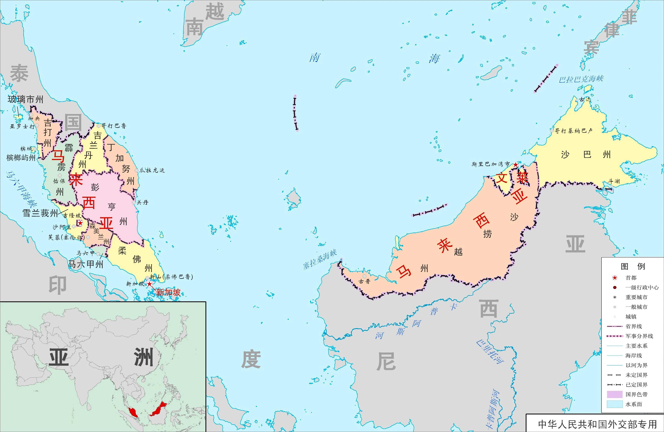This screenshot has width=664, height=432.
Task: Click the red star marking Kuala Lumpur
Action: click(x=80, y=223)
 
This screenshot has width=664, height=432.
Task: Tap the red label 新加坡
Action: click(x=168, y=292)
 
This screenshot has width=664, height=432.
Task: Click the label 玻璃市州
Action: click(x=25, y=99)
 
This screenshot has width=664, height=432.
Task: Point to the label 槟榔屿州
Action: click(x=21, y=158)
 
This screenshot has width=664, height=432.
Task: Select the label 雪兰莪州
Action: click(x=40, y=213)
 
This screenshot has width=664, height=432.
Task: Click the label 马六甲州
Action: click(x=86, y=264)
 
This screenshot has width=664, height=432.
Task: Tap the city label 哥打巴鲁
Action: click(x=114, y=126)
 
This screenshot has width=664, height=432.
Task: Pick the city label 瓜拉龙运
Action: click(x=152, y=170)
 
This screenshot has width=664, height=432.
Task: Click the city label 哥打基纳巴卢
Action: click(x=573, y=130)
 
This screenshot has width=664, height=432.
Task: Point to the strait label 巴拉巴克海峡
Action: click(x=581, y=79)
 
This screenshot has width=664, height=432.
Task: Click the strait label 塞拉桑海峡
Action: click(x=320, y=259)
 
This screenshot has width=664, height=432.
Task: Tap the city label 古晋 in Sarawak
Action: click(x=364, y=281)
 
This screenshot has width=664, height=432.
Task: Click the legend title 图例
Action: click(x=633, y=266)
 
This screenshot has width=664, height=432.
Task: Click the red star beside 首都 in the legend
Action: click(x=615, y=278)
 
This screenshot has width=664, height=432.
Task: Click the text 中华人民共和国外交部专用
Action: click(x=597, y=424)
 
